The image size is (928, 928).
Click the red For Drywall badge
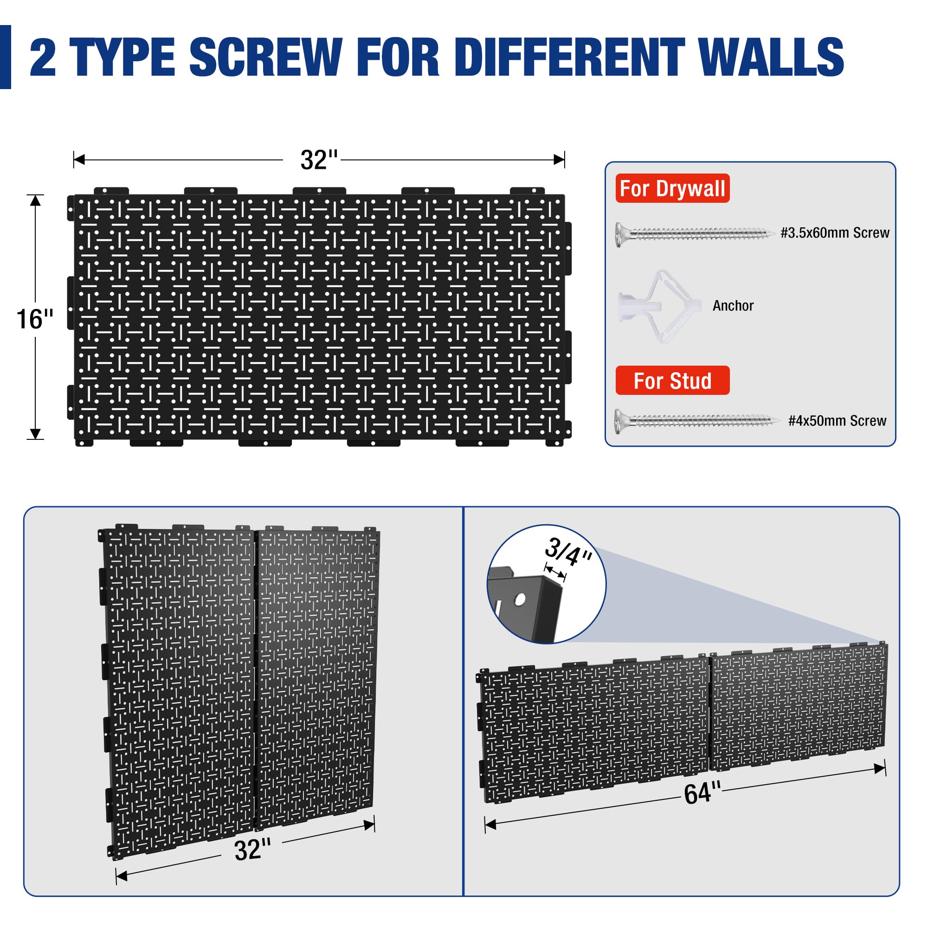click(672, 188)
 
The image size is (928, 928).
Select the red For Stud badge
click(672, 380)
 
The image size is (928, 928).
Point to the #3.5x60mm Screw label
click(835, 233)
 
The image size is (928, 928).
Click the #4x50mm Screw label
click(837, 421)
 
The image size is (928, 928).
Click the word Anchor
click(733, 305)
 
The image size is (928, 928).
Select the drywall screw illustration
click(695, 234)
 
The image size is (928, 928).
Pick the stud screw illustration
click(696, 421)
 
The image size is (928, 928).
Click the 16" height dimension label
click(35, 319)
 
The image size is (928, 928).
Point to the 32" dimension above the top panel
click(319, 160)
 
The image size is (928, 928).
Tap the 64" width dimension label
click(702, 793)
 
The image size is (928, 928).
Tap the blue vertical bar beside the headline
click(5, 57)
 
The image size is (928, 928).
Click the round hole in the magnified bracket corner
click(520, 600)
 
